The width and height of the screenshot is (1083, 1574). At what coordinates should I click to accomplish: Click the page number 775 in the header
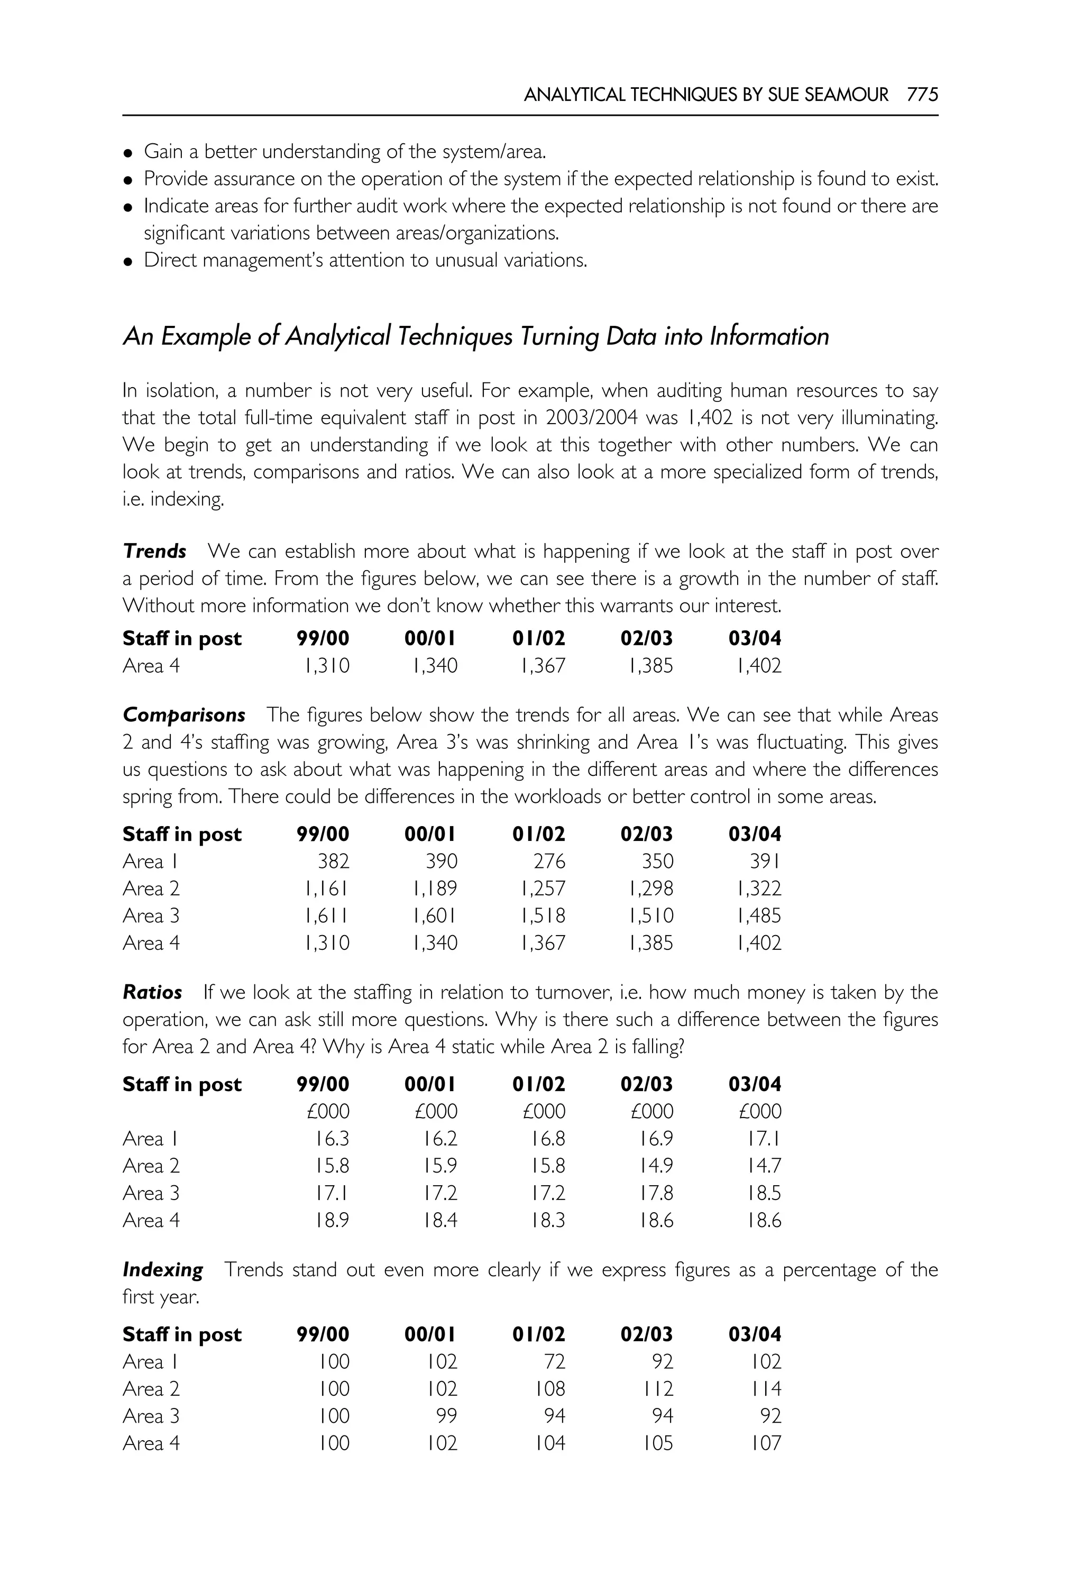tap(922, 95)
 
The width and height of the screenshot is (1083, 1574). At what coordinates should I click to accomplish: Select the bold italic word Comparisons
tap(184, 716)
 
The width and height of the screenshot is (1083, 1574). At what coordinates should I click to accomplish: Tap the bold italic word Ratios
tap(153, 992)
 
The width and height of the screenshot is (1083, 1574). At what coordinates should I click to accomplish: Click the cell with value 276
tap(549, 862)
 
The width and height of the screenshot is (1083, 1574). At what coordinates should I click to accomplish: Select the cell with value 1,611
tap(327, 916)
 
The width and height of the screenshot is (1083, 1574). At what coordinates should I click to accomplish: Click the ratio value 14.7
tap(765, 1166)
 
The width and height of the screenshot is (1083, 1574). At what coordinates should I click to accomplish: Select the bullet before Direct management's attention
tap(127, 262)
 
